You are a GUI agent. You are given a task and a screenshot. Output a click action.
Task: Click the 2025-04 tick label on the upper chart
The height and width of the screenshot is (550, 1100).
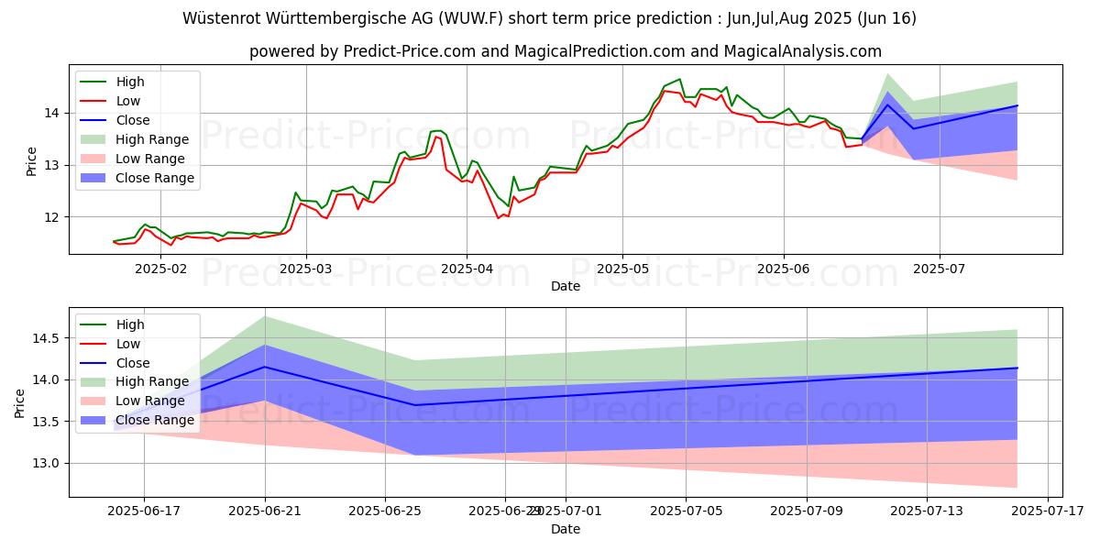[466, 269]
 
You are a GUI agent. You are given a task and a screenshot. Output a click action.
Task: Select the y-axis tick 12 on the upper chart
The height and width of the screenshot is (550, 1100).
[53, 217]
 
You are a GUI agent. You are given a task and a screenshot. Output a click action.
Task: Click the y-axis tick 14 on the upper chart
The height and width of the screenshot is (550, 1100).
[53, 113]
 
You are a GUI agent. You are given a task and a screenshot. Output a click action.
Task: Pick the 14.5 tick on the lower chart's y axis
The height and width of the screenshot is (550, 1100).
[47, 338]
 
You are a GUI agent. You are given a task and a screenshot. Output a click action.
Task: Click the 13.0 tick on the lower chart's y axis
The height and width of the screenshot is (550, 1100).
[47, 463]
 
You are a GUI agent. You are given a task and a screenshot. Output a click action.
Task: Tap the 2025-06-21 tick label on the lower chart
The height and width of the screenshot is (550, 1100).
[266, 511]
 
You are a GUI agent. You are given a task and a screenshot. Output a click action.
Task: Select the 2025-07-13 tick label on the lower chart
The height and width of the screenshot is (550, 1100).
[927, 511]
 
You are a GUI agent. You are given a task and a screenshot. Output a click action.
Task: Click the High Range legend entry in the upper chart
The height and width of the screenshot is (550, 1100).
[152, 139]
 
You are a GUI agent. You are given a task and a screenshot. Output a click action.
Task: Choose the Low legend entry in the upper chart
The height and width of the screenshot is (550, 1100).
[128, 101]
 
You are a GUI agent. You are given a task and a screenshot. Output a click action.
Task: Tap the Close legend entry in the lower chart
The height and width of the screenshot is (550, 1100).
[133, 363]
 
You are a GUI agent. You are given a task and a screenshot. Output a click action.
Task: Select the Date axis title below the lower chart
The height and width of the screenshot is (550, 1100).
[566, 529]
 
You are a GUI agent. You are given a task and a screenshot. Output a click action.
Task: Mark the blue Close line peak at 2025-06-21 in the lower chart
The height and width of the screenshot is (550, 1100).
[266, 367]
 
